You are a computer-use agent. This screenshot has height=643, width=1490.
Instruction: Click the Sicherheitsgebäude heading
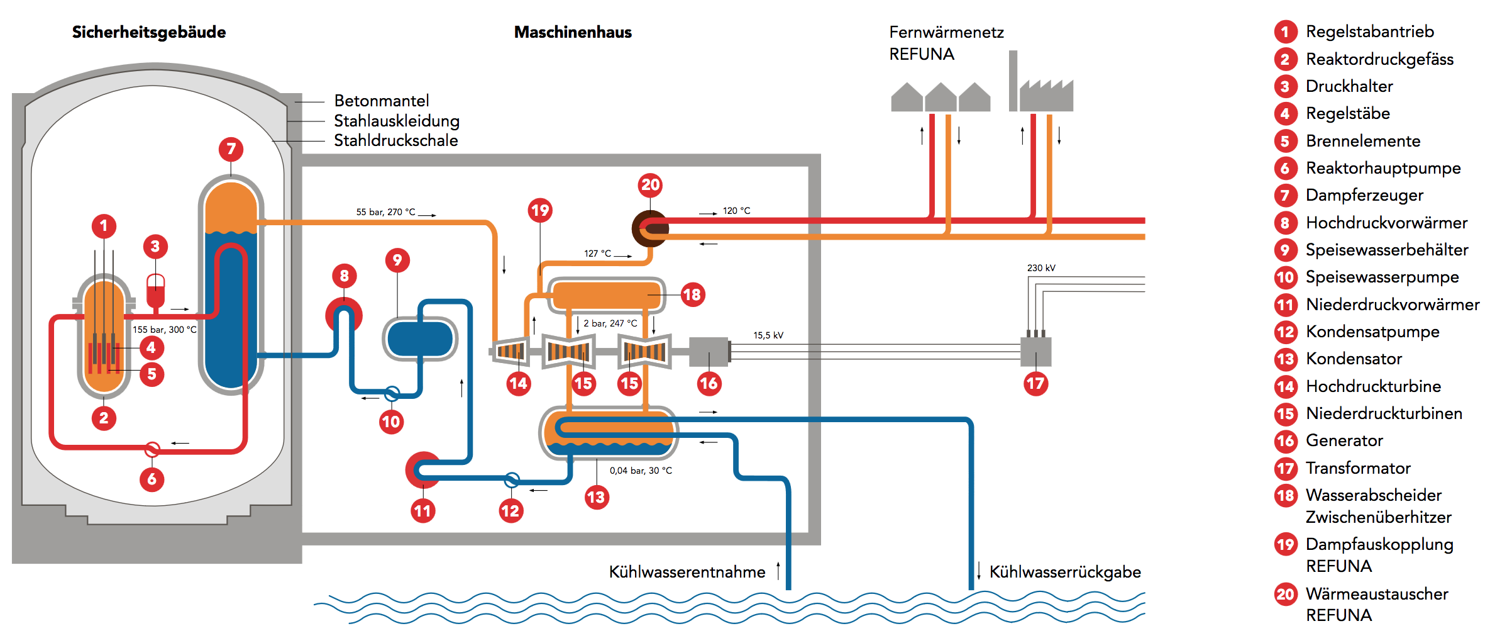click(x=149, y=32)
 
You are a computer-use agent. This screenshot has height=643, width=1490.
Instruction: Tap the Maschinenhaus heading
click(x=573, y=32)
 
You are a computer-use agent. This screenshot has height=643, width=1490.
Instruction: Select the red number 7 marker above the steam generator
click(x=231, y=149)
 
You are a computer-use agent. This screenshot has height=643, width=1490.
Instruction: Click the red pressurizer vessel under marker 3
click(x=155, y=291)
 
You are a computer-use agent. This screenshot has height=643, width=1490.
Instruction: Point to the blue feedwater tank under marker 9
click(x=420, y=339)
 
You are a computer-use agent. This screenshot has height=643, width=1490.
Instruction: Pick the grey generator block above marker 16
click(x=709, y=352)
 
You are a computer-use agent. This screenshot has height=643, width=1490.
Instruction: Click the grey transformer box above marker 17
click(x=1035, y=352)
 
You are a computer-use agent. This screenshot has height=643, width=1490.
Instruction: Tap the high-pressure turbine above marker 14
click(x=510, y=351)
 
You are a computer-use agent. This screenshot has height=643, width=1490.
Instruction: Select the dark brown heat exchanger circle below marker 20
click(x=650, y=228)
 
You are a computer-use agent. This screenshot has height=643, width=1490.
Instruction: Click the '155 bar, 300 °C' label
click(x=164, y=330)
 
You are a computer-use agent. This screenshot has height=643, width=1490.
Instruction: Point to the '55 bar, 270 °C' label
click(x=385, y=212)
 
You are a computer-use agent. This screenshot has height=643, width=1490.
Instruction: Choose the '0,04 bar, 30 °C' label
click(x=641, y=471)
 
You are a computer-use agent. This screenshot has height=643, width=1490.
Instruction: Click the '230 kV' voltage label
click(x=1041, y=268)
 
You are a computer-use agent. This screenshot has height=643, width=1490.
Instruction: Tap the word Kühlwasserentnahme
click(x=687, y=572)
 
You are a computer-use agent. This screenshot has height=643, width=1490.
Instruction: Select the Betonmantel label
click(x=382, y=101)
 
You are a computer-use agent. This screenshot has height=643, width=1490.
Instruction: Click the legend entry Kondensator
click(x=1354, y=359)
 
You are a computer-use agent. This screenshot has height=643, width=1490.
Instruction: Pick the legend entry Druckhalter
click(x=1349, y=86)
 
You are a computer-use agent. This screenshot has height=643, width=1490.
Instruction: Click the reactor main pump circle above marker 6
click(x=152, y=449)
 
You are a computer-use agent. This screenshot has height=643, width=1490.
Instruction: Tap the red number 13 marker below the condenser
click(x=596, y=498)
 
